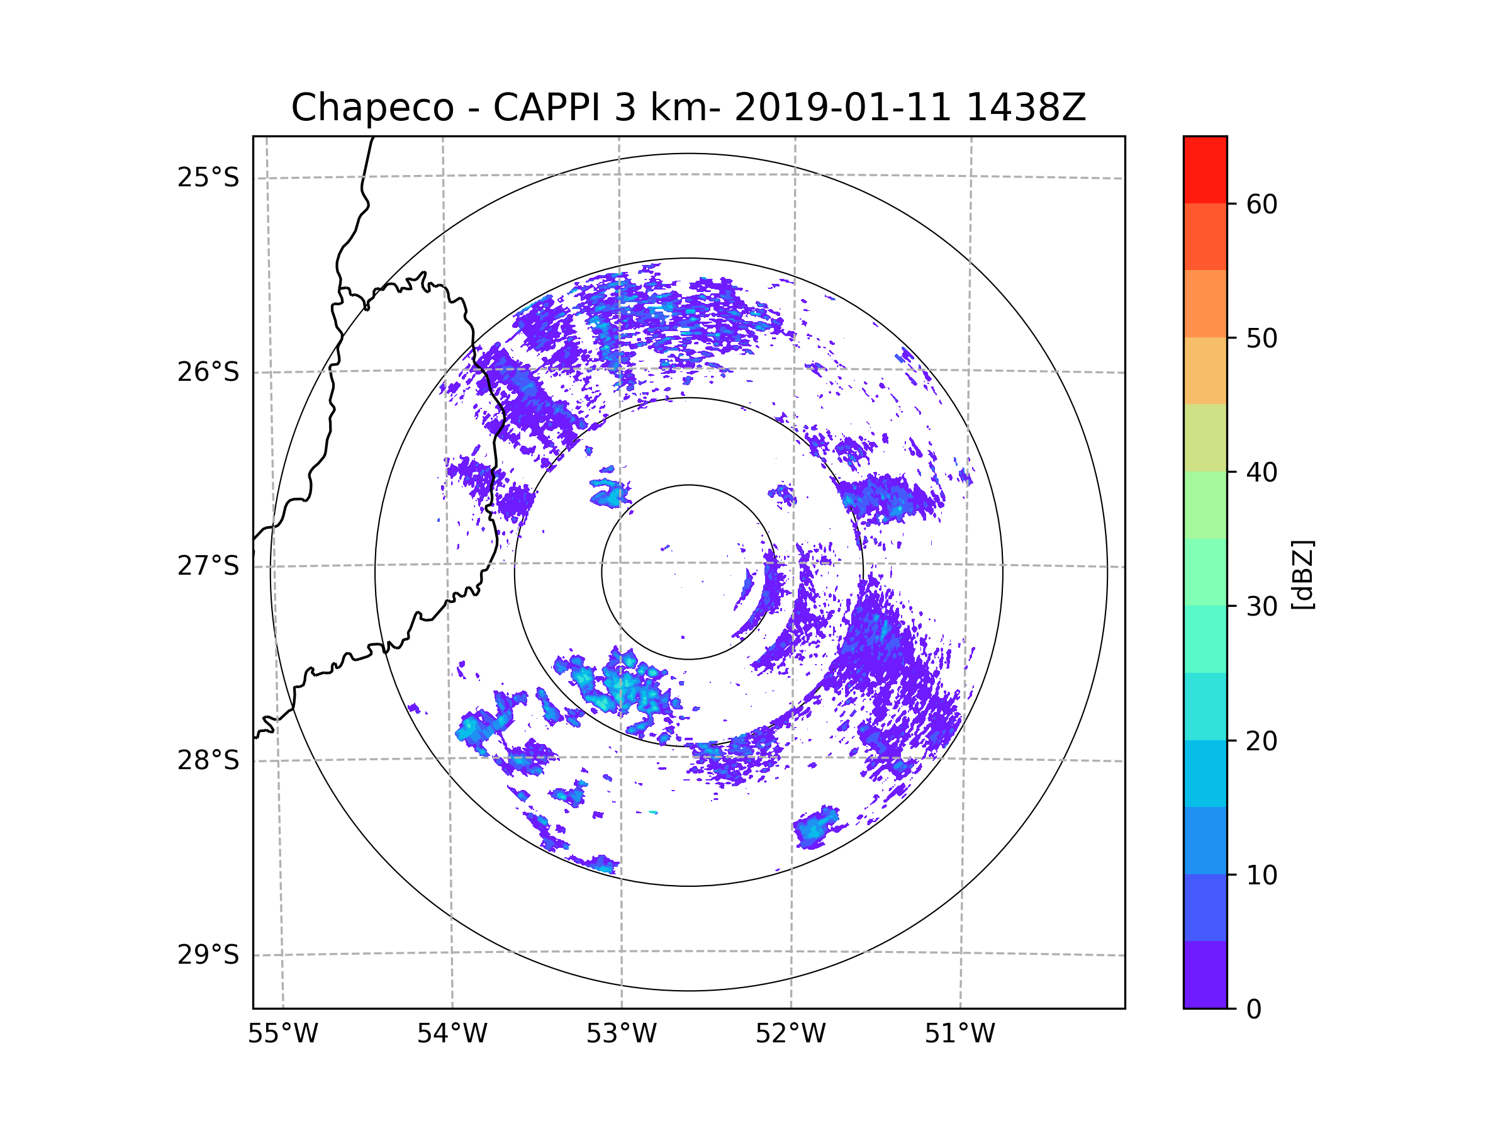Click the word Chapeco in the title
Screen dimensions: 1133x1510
[x=372, y=108]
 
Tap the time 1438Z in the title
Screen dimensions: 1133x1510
[x=1026, y=108]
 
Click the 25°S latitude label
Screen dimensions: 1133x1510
[x=208, y=178]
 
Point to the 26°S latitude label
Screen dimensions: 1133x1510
[x=208, y=372]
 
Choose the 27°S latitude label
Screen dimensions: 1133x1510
[x=208, y=566]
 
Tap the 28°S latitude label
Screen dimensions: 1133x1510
[x=208, y=760]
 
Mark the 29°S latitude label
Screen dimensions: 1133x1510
[x=208, y=955]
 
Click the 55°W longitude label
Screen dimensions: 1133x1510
[x=282, y=1034]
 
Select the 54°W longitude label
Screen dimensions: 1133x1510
[x=452, y=1034]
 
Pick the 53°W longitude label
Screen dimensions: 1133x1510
[x=621, y=1034]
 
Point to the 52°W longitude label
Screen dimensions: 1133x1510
[x=790, y=1034]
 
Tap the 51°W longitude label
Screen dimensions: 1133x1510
[x=959, y=1034]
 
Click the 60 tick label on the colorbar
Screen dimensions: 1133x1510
[x=1261, y=204]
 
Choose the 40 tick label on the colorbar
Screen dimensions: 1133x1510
[x=1261, y=473]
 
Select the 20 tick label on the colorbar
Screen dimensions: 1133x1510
[x=1261, y=741]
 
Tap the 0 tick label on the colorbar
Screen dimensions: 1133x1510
[x=1254, y=1010]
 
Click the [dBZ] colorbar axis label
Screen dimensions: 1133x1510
[x=1302, y=574]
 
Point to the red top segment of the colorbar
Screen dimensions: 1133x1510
[x=1205, y=169]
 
